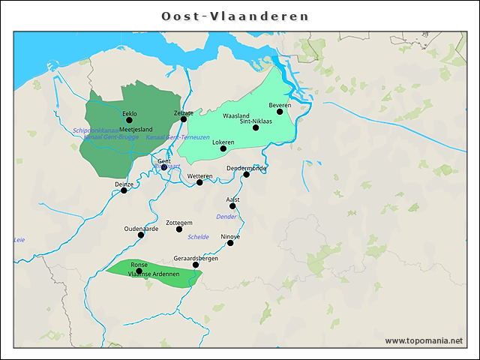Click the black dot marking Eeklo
(129, 120)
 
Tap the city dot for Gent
(164, 167)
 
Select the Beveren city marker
(280, 112)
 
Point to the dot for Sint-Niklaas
(256, 127)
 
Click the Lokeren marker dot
(223, 148)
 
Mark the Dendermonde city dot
(247, 175)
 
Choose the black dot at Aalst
(232, 206)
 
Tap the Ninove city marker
(230, 243)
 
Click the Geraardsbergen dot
(196, 265)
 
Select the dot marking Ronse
(139, 271)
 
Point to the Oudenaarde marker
(141, 235)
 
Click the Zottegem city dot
(179, 229)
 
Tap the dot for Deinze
(124, 190)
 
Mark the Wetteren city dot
(199, 182)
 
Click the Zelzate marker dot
(184, 119)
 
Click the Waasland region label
(236, 116)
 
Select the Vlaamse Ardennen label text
(148, 274)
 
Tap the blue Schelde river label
(199, 237)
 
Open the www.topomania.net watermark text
(424, 341)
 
